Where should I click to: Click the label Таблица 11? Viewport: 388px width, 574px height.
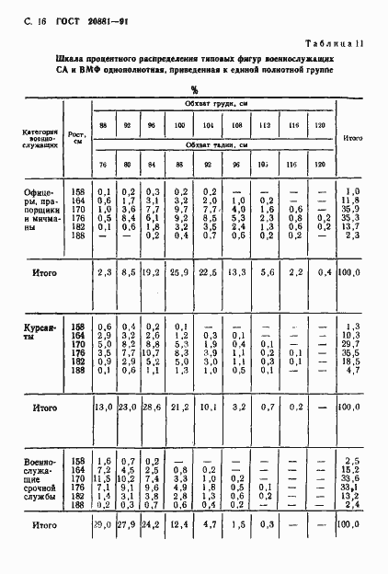[x=337, y=43]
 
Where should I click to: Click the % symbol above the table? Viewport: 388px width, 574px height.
[x=194, y=90]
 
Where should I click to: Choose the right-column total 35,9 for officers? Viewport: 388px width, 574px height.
[x=351, y=209]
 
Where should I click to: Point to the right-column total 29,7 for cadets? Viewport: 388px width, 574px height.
[x=351, y=342]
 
